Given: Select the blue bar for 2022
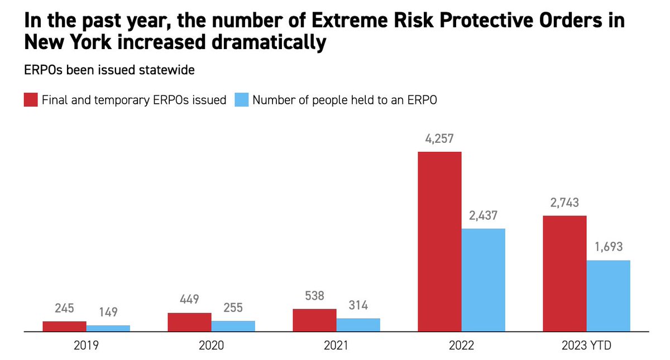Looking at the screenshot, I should click(x=483, y=280).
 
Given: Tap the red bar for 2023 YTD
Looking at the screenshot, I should click(x=564, y=273).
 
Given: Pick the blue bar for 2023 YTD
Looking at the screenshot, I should click(x=608, y=296).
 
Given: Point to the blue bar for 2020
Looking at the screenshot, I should click(x=233, y=326).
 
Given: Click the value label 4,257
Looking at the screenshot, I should click(x=439, y=138).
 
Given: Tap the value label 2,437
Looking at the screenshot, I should click(x=483, y=215).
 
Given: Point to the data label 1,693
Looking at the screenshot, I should click(x=608, y=247).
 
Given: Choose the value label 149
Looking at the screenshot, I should click(x=108, y=312).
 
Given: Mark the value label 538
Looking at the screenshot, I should click(x=314, y=296).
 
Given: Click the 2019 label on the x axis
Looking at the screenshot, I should click(x=86, y=346).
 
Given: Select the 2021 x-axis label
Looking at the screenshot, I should click(x=336, y=346).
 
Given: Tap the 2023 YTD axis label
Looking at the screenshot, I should click(x=586, y=346).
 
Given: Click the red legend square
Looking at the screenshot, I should click(x=30, y=100).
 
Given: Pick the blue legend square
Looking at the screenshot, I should click(x=241, y=100).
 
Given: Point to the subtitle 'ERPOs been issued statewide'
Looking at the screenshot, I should click(x=109, y=71).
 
